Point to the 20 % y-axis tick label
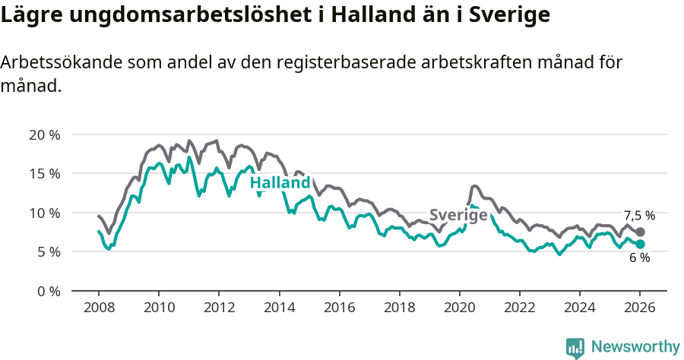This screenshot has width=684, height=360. [x=44, y=135]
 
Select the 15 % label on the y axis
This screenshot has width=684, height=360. [x=44, y=174]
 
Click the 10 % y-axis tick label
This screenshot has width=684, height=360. [x=44, y=213]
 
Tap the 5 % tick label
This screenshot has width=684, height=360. [x=47, y=252]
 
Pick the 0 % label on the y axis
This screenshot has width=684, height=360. [x=47, y=291]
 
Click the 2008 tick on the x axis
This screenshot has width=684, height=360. [x=99, y=308]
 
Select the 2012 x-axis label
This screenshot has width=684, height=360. [x=219, y=308]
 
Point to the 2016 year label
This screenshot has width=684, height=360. [x=339, y=308]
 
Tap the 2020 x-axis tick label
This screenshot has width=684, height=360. [x=459, y=308]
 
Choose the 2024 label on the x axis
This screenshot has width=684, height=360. [x=579, y=308]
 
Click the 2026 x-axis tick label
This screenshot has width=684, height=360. [x=639, y=308]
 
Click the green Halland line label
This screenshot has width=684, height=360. [x=280, y=183]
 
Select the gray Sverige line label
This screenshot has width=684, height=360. [x=458, y=215]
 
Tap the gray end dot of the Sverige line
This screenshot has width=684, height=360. [x=640, y=232]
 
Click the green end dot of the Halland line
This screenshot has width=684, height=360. [x=640, y=244]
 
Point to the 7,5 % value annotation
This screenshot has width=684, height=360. [x=639, y=216]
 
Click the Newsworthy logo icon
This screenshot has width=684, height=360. [x=575, y=347]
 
